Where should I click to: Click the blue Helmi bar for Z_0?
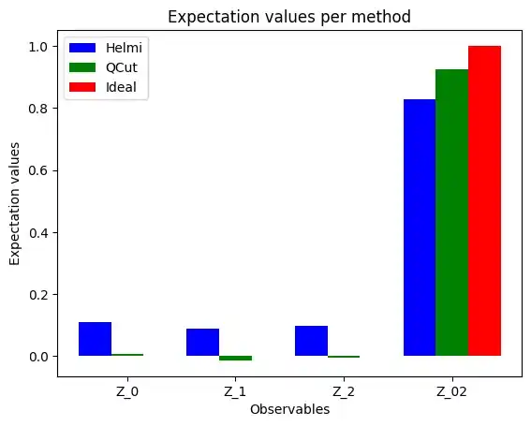coord(95,339)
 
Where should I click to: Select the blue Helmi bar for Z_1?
coord(202,343)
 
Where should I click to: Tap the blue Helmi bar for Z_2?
coord(311,341)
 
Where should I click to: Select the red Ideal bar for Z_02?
coord(484,200)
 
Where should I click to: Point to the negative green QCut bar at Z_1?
coord(235,358)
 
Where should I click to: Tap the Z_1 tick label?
coord(235,392)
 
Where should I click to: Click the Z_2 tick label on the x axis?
coord(344,392)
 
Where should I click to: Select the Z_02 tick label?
coord(451,392)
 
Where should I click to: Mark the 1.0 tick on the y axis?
coord(38,46)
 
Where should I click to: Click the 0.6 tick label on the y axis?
coord(38,170)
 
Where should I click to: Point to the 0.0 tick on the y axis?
coord(38,357)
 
